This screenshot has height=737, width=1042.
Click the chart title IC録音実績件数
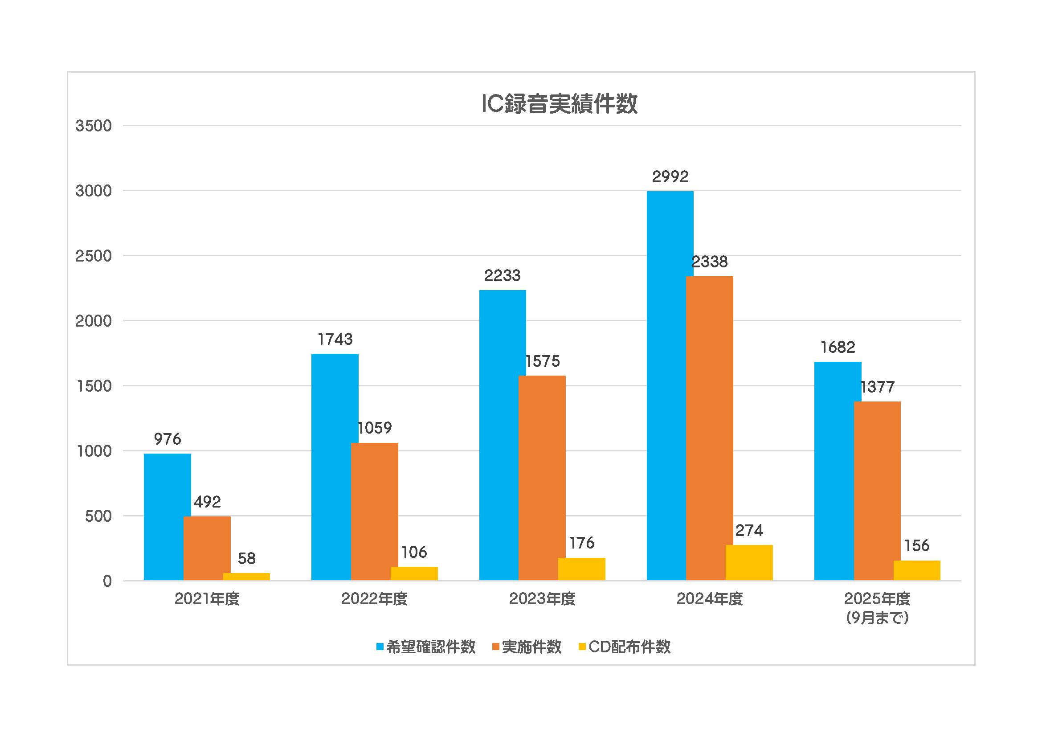(x=559, y=104)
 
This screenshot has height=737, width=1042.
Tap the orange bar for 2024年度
(x=709, y=428)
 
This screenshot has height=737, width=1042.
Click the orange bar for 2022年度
(x=374, y=512)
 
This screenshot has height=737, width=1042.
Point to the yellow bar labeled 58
(x=246, y=576)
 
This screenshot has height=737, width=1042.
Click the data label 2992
(x=670, y=176)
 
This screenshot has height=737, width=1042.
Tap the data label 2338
(x=709, y=262)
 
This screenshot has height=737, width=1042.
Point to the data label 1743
(x=335, y=340)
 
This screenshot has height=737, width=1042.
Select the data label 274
(x=749, y=530)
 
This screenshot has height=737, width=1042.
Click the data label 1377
(x=877, y=387)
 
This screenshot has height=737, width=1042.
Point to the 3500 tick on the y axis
(x=94, y=126)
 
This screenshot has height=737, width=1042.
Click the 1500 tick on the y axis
(x=94, y=386)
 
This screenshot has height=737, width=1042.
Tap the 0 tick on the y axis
(x=107, y=581)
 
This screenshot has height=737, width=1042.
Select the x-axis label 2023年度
(x=542, y=599)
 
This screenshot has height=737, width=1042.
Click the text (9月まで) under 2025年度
(x=877, y=617)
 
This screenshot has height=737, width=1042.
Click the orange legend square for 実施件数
(x=495, y=647)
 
